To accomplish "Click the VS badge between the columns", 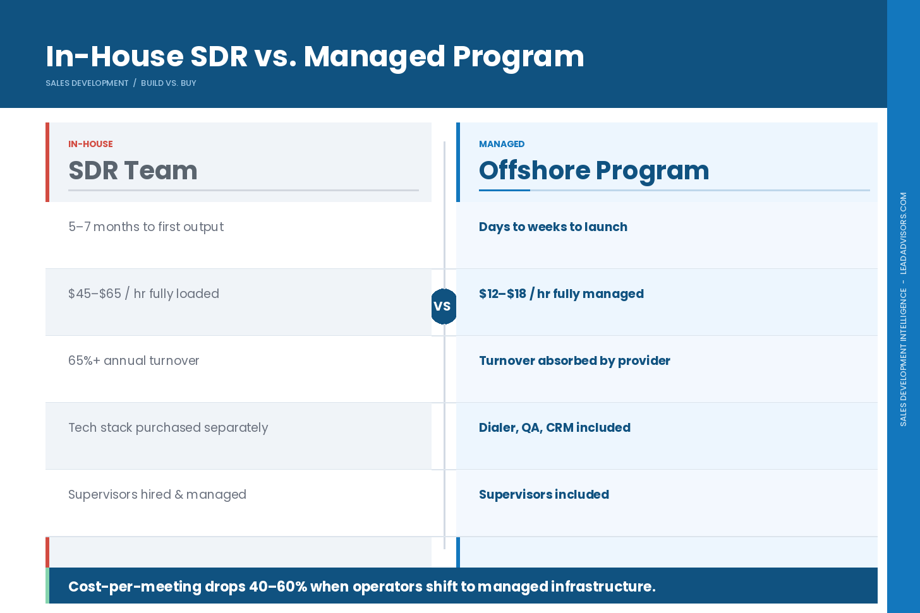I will click(444, 306).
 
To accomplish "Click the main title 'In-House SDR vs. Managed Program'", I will click(315, 56).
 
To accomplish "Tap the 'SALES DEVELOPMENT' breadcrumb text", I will click(87, 83).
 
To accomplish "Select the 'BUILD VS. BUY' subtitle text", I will click(168, 83).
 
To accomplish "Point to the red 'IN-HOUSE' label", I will click(90, 144).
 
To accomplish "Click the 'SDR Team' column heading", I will click(133, 170).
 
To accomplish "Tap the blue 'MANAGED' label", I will click(502, 144).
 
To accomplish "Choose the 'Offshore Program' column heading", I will click(594, 170).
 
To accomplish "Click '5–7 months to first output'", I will click(146, 227).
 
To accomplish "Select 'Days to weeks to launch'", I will click(553, 227).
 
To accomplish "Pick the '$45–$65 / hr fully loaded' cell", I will click(143, 294).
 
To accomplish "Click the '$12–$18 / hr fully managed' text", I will click(561, 294).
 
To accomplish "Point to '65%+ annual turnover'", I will click(133, 360).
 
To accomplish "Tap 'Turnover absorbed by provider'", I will click(574, 360).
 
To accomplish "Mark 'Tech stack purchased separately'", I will click(168, 427).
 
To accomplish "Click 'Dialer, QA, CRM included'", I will click(554, 427).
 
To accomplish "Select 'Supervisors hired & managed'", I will click(157, 494).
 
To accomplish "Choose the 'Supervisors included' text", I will click(543, 494).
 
